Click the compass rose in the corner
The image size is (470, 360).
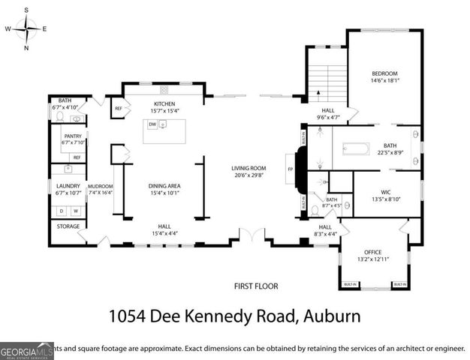26,28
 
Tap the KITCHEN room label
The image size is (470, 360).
164,103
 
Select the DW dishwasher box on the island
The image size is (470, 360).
152,124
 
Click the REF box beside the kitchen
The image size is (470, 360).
118,109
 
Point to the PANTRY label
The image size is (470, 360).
72,136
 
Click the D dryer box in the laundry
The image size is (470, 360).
62,211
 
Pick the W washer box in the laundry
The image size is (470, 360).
75,211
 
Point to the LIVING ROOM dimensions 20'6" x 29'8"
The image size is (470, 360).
249,175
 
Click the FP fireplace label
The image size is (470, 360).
290,169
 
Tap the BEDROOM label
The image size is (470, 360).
384,73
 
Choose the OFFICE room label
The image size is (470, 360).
373,252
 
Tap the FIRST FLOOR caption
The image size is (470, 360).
255,286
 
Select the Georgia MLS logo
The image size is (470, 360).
27,350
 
